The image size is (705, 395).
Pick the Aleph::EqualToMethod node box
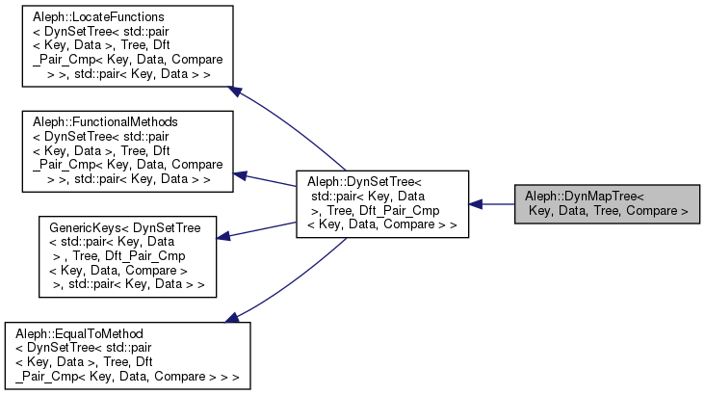[128, 354]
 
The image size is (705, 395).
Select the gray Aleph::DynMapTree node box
[606, 203]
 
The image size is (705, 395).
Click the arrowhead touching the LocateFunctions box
[234, 92]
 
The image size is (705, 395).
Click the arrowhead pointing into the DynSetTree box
[477, 203]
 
